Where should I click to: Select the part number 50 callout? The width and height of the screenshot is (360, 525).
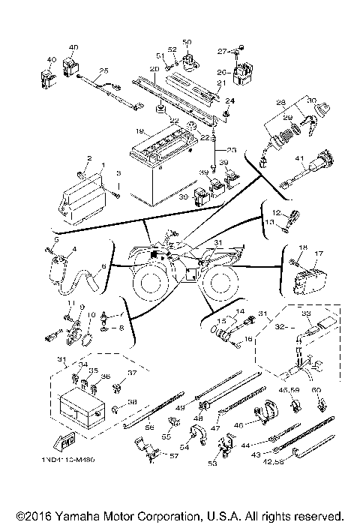[x=187, y=42]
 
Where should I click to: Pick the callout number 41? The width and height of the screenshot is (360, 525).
[x=298, y=158]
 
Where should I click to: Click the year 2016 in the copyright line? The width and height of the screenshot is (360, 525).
[x=31, y=516]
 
